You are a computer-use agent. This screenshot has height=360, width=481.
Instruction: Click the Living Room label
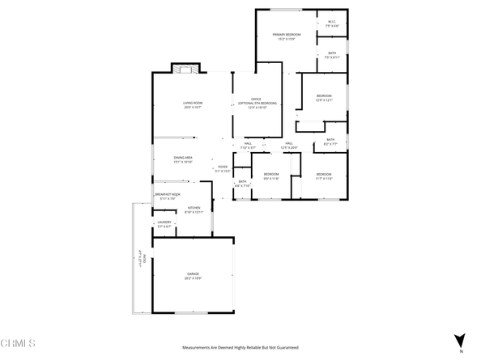pos(192,104)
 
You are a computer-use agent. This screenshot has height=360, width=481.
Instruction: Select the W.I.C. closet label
pos(331,23)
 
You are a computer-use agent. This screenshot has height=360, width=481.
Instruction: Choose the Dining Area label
pos(183,159)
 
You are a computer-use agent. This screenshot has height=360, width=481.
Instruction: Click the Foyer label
pos(223,170)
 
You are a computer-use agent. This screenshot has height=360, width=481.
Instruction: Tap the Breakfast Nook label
pos(168,197)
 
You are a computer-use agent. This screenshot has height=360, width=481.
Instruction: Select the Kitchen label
pos(194,210)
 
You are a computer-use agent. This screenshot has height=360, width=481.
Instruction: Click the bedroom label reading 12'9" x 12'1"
pos(324,99)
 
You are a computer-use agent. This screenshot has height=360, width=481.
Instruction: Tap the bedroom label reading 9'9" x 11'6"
pos(270,176)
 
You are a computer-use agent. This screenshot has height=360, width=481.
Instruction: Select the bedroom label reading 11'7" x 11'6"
pos(324,176)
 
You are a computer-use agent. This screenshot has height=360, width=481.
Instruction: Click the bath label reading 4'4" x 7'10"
pos(242,184)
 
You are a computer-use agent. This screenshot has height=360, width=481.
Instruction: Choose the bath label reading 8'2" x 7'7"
pos(330,142)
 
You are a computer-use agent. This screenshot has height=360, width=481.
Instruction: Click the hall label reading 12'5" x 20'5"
pos(289,146)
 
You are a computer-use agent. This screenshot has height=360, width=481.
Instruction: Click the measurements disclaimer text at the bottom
pos(240,347)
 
